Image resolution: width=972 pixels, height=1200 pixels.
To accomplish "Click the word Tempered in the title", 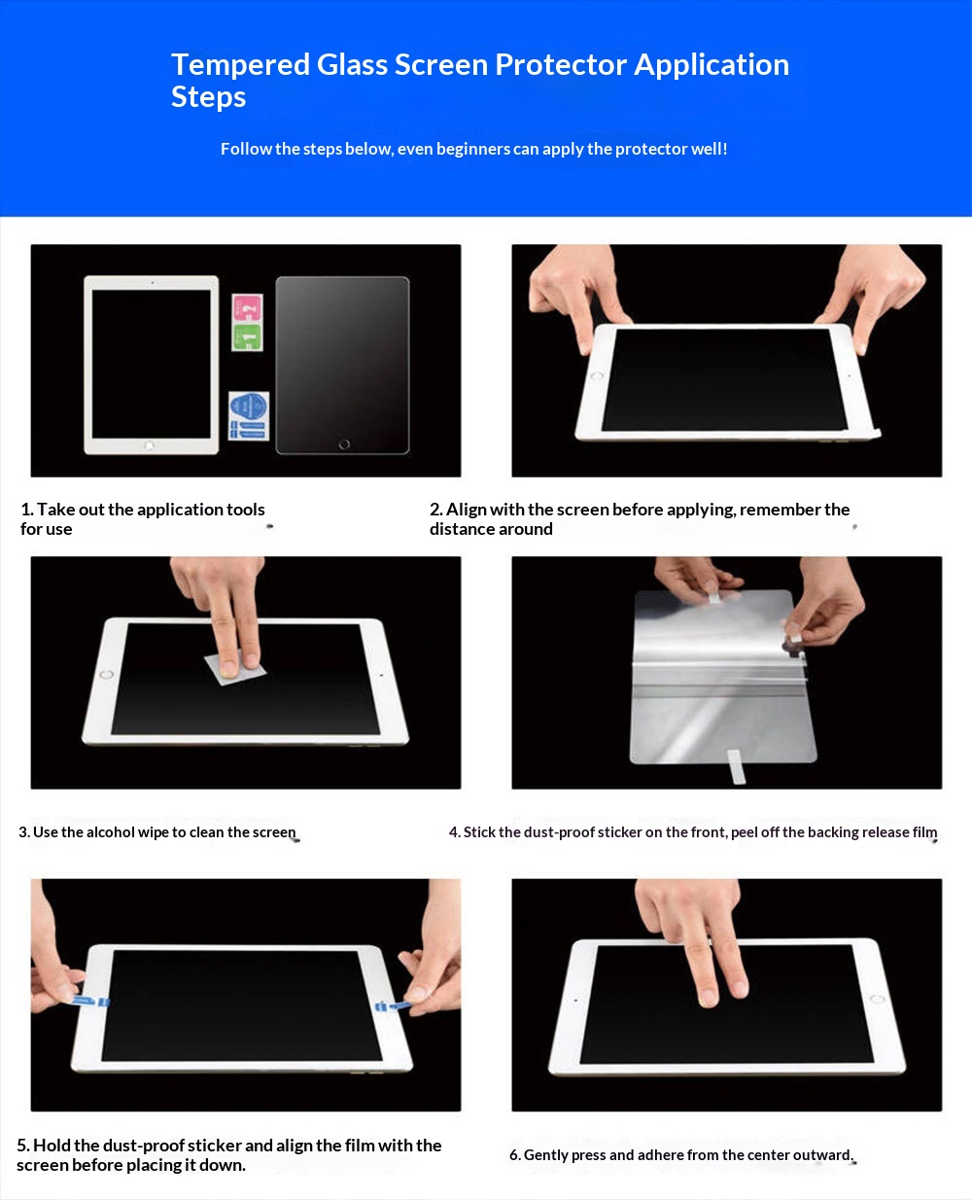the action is coord(240,64).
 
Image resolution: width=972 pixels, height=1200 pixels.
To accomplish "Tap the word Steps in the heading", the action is coord(208,98).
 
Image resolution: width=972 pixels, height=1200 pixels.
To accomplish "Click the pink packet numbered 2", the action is coord(247,308).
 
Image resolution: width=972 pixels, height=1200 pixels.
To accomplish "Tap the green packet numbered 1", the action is coord(247,336).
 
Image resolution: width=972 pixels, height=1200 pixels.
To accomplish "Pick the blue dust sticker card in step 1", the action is coord(249,416).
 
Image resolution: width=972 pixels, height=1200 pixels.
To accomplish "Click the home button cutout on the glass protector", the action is coord(344,444).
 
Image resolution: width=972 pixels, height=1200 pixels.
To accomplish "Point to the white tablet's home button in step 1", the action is coord(150,445).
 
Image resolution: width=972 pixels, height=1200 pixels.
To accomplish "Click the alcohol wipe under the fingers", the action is coord(235,669).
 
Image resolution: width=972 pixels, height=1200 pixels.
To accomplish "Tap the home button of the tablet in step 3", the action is coord(106,674).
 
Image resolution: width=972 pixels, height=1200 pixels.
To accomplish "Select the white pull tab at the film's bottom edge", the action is coord(737,766).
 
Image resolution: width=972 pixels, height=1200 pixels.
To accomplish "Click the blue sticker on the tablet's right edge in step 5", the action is coord(389,1006).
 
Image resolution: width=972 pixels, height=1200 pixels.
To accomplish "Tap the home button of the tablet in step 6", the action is coord(877,1000).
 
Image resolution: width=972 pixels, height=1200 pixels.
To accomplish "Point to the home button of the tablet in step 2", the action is coord(597,375).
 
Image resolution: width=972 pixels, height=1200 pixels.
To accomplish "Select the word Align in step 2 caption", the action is coord(467,510).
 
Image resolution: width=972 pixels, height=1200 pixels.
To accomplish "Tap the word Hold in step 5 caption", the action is coord(52,1145).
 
